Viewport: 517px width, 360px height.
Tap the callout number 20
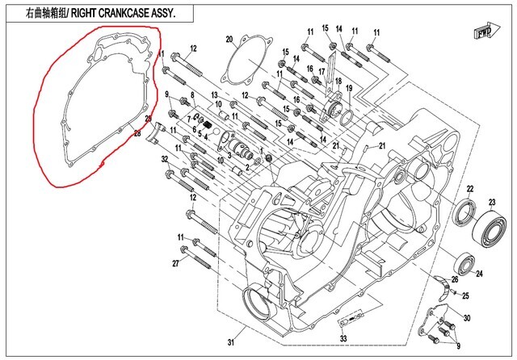point(229,39)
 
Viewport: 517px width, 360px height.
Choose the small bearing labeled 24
point(466,263)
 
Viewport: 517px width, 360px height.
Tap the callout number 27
point(175,264)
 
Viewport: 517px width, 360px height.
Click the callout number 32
point(164,160)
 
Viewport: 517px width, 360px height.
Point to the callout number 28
point(137,133)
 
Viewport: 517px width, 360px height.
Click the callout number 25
point(464,295)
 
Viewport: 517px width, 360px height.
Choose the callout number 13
point(216,95)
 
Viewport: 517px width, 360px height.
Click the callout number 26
point(454,279)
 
